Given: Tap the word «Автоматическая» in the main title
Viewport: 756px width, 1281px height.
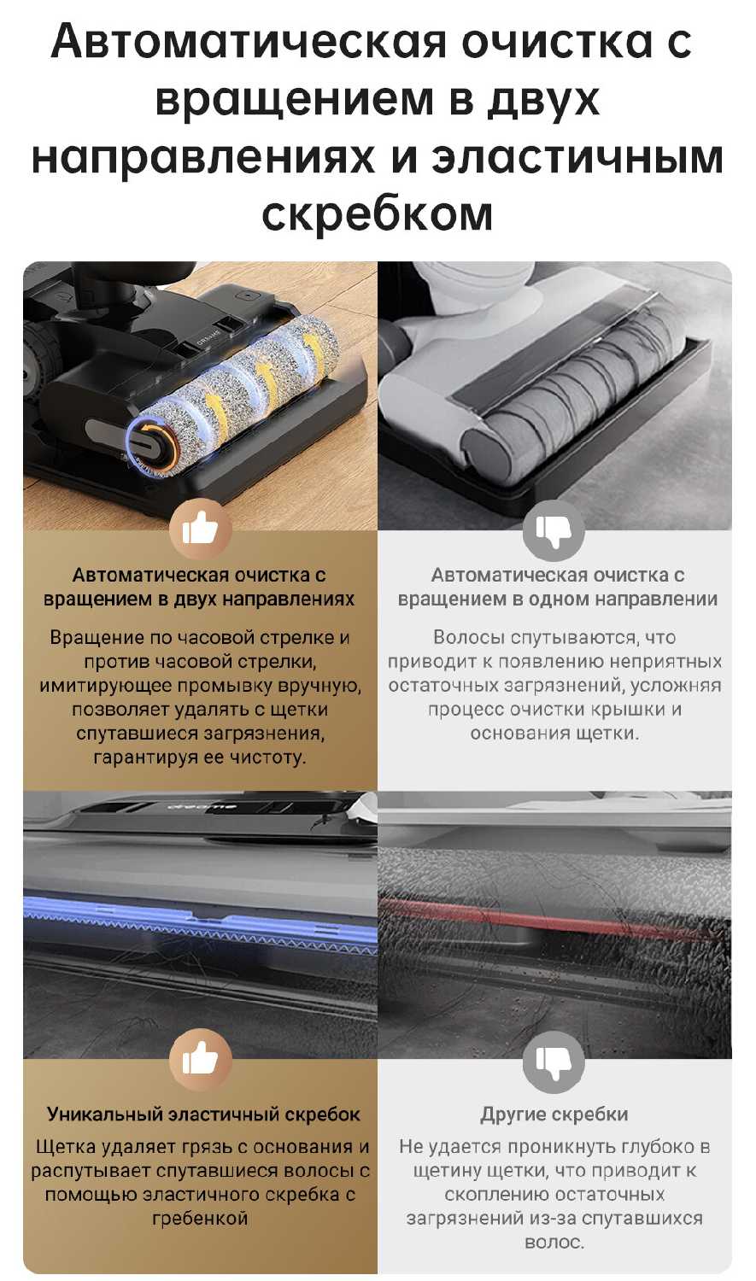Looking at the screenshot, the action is click(249, 41).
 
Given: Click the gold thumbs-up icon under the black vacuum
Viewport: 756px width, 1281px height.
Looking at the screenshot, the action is click(200, 528).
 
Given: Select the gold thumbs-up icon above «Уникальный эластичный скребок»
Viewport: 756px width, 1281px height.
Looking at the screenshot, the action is click(200, 1059).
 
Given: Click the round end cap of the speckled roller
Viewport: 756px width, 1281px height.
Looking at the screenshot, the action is click(151, 446).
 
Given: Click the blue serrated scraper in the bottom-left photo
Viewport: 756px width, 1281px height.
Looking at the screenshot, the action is click(200, 921).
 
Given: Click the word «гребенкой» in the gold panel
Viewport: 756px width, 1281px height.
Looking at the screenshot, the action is click(200, 1218).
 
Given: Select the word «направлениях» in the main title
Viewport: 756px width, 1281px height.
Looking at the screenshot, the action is click(203, 156).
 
